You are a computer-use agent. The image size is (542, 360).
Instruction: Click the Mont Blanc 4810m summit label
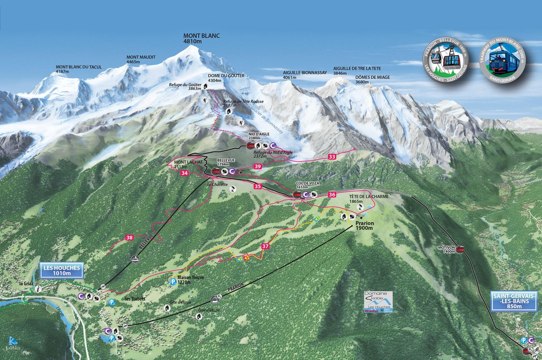point(201,39)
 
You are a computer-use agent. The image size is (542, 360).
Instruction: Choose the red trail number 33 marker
point(332,157)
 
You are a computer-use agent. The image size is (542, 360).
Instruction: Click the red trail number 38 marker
point(130,237)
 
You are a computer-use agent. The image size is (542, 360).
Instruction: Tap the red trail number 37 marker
point(265,246)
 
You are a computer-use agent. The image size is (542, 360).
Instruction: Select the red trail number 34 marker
point(184,173)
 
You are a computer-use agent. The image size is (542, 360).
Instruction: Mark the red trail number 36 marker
point(332,194)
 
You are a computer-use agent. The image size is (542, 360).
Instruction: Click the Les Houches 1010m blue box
point(62,271)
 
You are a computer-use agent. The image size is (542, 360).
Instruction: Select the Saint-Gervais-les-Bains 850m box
point(513,300)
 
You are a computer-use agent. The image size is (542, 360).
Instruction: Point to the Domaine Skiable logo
point(378,302)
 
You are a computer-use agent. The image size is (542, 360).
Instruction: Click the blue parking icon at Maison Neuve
point(173,282)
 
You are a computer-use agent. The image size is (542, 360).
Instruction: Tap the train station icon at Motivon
point(460,249)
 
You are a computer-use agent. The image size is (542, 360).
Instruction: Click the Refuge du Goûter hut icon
point(206,86)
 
